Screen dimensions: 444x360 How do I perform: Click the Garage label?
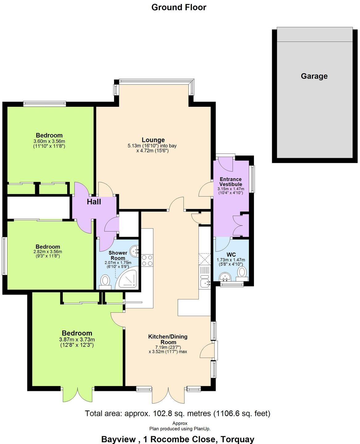coord(314,76)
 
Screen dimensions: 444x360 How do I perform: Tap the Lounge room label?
coord(153,140)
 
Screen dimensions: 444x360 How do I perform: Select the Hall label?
coord(94,202)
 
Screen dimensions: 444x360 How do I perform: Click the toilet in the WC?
coord(242,273)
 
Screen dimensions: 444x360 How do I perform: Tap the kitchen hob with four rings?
coord(147,261)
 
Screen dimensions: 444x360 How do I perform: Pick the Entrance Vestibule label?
coord(231,182)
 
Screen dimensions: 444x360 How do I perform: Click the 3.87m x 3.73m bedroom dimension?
coord(77,339)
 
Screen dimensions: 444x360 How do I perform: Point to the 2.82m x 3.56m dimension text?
coord(48,252)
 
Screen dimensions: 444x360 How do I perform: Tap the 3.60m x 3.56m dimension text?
coord(49,141)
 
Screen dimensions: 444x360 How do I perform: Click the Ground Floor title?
coord(179,7)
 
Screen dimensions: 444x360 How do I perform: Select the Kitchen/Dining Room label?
coord(168,339)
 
